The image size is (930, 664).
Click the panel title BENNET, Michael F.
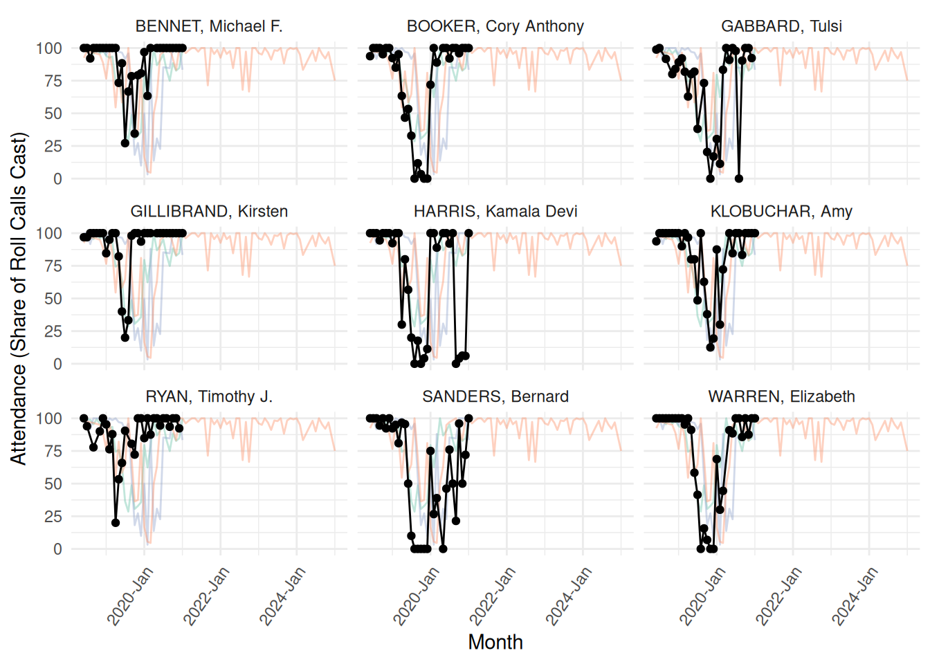pyautogui.click(x=209, y=26)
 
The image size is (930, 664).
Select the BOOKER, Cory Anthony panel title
pyautogui.click(x=495, y=26)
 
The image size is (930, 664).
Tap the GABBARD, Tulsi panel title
pyautogui.click(x=781, y=26)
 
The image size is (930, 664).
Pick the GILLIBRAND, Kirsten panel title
pyautogui.click(x=209, y=212)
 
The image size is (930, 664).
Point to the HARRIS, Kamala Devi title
pyautogui.click(x=495, y=212)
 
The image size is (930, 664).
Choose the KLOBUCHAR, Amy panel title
pyautogui.click(x=781, y=212)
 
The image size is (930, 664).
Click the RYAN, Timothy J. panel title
pyautogui.click(x=209, y=397)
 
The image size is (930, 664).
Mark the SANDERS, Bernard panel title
pyautogui.click(x=495, y=397)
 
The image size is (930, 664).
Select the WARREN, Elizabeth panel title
pyautogui.click(x=781, y=397)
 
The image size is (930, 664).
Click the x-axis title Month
pyautogui.click(x=495, y=642)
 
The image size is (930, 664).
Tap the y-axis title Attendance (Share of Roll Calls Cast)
pyautogui.click(x=19, y=298)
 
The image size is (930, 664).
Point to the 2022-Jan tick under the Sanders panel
pyautogui.click(x=494, y=596)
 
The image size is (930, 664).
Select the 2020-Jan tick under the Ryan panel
pyautogui.click(x=131, y=596)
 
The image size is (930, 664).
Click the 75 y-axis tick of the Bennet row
pyautogui.click(x=53, y=81)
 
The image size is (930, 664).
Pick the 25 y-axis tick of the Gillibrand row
pyautogui.click(x=53, y=331)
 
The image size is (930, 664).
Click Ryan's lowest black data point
pyautogui.click(x=116, y=523)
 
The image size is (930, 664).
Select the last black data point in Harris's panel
pyautogui.click(x=468, y=233)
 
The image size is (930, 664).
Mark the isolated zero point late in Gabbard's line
pyautogui.click(x=739, y=178)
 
